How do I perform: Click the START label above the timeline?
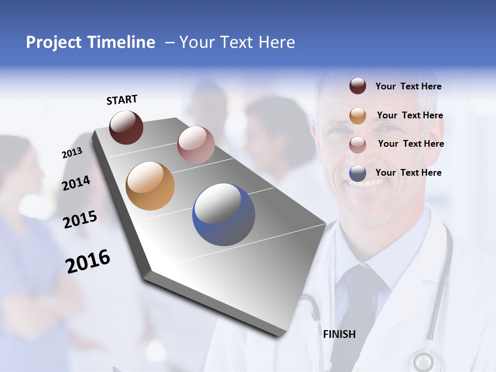click(122, 100)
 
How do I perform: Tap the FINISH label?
click(339, 334)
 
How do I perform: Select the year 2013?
click(72, 153)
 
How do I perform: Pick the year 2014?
click(76, 183)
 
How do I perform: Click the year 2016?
click(88, 261)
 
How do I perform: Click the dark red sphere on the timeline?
click(126, 128)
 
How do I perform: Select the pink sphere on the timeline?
click(196, 145)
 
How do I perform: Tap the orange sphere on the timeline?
click(150, 186)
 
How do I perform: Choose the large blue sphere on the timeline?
click(223, 214)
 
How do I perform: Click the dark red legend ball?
click(358, 86)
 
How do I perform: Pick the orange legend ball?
click(358, 115)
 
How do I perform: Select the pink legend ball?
click(358, 144)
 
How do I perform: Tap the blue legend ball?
click(358, 173)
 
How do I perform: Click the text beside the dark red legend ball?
click(408, 86)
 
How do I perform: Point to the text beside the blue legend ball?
click(408, 173)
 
